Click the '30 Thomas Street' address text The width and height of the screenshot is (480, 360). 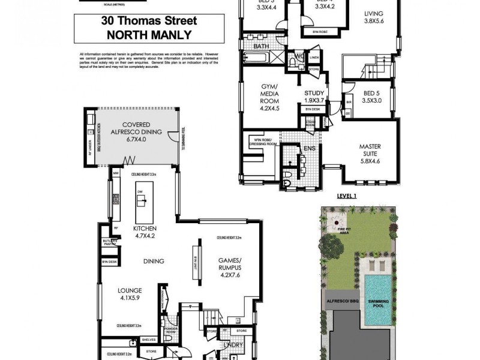pos(149,21)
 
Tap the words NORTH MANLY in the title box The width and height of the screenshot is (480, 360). pos(149,34)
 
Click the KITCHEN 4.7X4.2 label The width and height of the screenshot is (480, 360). pos(144,232)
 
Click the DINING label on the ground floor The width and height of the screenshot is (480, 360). pos(154,261)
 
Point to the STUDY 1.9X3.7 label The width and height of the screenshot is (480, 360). pos(314,97)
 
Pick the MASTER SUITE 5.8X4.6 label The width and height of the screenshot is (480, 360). pos(370,154)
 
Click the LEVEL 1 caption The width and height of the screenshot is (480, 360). pos(347,196)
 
